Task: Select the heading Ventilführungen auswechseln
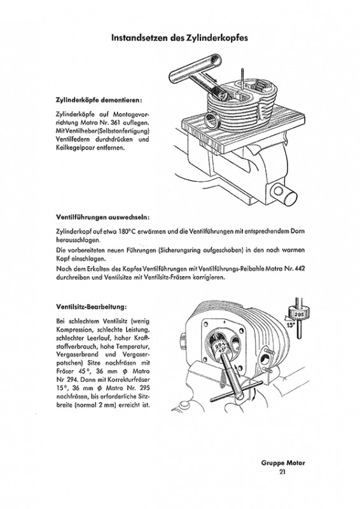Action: (103, 217)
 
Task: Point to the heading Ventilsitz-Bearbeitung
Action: (91, 307)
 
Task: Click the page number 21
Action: (282, 471)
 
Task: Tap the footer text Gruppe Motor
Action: (283, 463)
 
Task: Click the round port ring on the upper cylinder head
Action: (212, 121)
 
